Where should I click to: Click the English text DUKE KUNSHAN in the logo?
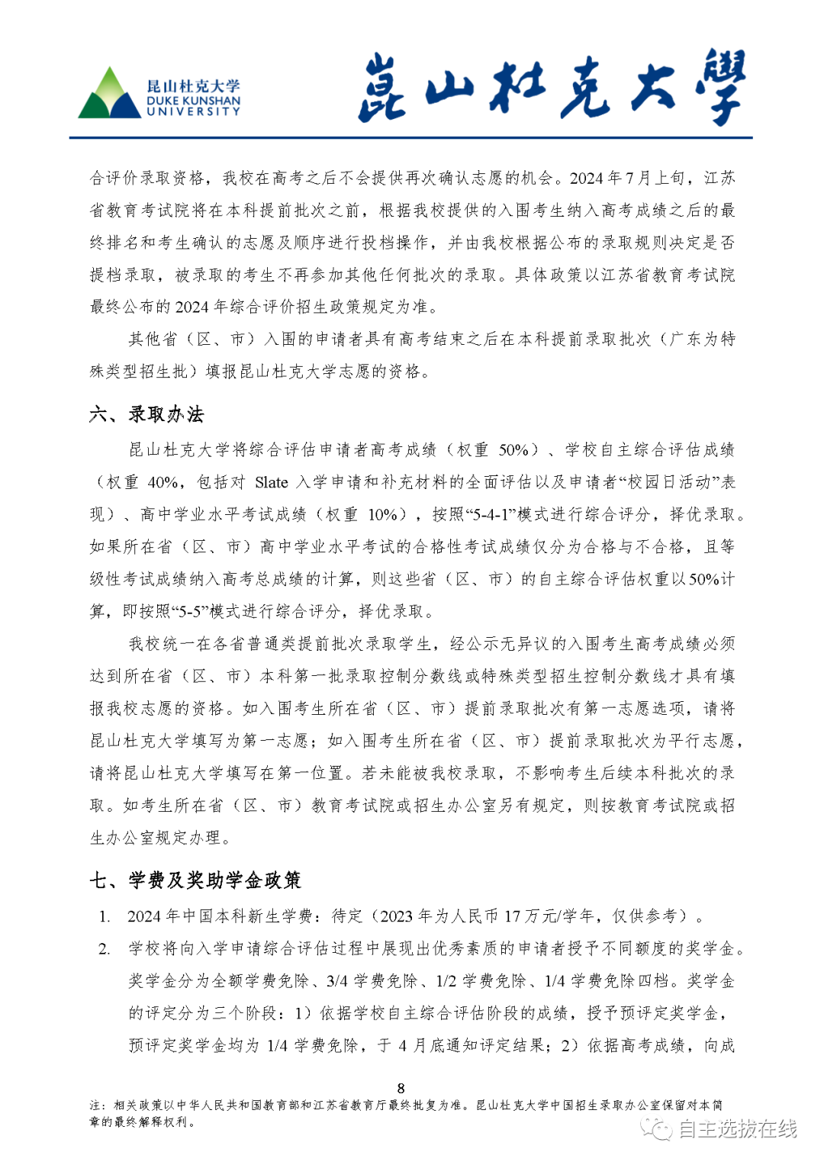(x=193, y=101)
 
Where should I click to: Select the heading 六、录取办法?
(x=146, y=414)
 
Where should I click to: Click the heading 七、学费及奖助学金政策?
(x=195, y=880)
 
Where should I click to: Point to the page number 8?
(x=401, y=1088)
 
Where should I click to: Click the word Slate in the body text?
(x=272, y=482)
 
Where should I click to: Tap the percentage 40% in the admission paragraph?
(x=163, y=482)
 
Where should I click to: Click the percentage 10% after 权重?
(x=382, y=514)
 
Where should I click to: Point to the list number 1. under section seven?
(x=105, y=916)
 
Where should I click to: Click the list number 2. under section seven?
(x=105, y=948)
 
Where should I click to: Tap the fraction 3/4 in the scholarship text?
(x=337, y=980)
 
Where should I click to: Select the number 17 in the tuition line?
(x=512, y=916)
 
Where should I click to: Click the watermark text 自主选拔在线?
(x=737, y=1128)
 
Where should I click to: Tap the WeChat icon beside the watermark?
(x=657, y=1128)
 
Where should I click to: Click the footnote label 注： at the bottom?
(x=98, y=1105)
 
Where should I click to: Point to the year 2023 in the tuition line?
(x=397, y=916)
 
